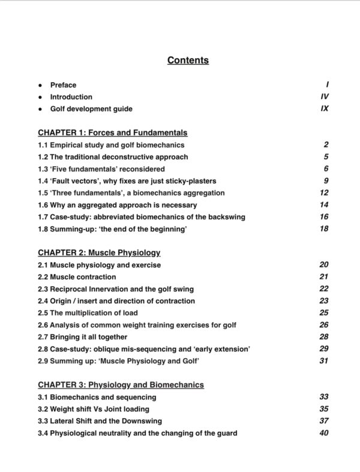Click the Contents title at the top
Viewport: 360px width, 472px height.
[x=188, y=60]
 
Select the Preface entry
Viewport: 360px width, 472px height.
[x=63, y=85]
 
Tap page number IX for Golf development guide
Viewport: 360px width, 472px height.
[x=325, y=109]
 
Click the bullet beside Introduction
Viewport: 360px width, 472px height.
[x=40, y=97]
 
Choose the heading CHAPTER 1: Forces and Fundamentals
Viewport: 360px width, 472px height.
[x=112, y=133]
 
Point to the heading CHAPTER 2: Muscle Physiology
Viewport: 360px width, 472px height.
[x=98, y=252]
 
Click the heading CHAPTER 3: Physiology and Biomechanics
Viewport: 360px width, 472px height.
[x=121, y=384]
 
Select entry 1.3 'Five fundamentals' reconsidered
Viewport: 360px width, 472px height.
[x=101, y=169]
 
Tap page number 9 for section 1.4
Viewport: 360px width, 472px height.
[x=326, y=181]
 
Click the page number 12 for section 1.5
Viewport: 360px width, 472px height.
[x=324, y=193]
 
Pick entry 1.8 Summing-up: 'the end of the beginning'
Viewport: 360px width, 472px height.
[x=112, y=229]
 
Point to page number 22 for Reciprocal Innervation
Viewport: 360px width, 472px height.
[x=324, y=288]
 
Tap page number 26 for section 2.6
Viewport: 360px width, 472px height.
[x=324, y=324]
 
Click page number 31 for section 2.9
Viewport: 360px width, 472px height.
[x=324, y=360]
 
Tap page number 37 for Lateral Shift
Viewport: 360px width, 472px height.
[x=324, y=420]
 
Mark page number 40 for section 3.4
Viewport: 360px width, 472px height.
[x=324, y=432]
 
